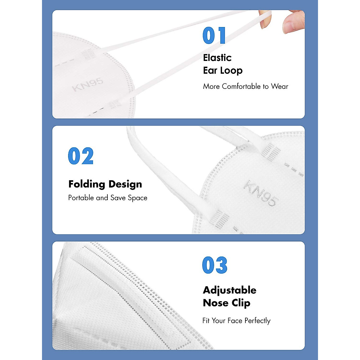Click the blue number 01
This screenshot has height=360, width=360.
(x=214, y=36)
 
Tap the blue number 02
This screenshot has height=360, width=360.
(x=81, y=156)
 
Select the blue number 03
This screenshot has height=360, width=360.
(x=215, y=265)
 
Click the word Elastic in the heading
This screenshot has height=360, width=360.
(x=217, y=58)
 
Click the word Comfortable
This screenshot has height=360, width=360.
(x=241, y=86)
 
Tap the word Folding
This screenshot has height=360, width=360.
(x=87, y=184)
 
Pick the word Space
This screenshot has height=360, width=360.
(x=138, y=198)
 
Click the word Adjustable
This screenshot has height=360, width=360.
(x=229, y=290)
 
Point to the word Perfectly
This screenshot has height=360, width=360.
(x=257, y=321)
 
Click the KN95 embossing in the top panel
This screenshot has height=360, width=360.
(x=88, y=84)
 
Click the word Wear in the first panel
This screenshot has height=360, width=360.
(x=280, y=86)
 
